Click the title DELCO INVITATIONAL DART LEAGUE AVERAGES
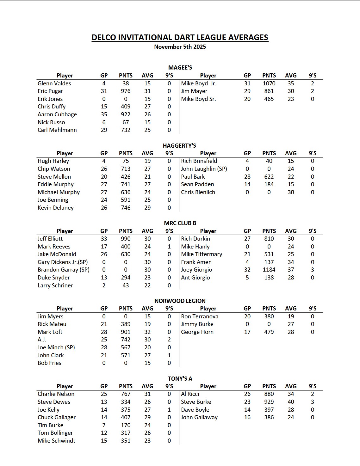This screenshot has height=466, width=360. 180,38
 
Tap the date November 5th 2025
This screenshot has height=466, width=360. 180,47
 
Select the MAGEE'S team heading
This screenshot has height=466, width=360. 180,68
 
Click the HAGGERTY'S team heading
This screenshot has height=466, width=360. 179,146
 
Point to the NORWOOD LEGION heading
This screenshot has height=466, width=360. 180,301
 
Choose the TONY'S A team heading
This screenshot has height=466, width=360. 180,379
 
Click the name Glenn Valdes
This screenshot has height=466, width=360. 54,83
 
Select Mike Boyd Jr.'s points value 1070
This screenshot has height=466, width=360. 269,83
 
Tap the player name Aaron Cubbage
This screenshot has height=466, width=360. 57,114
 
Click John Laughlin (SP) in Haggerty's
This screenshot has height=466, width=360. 204,169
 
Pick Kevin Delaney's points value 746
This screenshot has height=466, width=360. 126,208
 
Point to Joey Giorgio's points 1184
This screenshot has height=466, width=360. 269,270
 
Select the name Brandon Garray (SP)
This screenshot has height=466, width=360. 64,270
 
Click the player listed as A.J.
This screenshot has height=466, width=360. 42,340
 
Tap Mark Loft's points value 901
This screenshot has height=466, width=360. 126,332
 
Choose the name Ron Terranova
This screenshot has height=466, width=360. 200,316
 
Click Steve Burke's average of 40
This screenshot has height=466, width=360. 291,402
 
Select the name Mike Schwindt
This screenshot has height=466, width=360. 57,441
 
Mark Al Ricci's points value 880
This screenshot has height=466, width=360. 269,394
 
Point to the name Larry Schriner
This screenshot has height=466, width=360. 55,285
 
